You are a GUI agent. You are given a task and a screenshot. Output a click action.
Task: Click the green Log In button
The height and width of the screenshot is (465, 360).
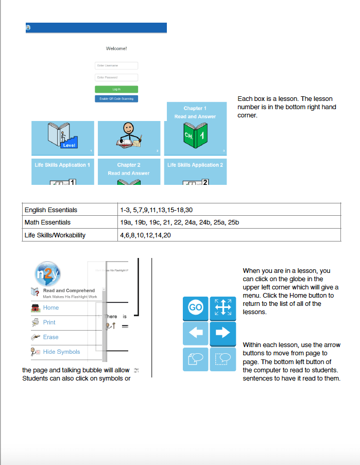[116, 89]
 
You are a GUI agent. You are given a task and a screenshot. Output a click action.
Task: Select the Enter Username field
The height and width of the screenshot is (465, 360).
[116, 65]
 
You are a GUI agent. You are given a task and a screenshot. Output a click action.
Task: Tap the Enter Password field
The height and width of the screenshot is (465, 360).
[116, 77]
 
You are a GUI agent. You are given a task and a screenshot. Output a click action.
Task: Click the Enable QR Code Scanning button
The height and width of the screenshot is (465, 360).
[116, 98]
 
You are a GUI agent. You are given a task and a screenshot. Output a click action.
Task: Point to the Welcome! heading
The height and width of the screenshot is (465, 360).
[116, 48]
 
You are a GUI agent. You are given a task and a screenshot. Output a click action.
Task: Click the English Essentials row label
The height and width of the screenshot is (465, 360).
[51, 210]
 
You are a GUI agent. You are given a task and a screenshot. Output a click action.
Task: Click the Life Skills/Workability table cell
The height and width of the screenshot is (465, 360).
[55, 235]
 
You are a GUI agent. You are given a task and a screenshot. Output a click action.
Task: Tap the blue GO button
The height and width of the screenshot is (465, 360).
[196, 307]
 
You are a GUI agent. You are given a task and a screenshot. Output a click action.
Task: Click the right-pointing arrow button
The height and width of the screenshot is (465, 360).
[222, 333]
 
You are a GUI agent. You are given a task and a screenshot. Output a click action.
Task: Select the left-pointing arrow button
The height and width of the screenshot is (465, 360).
[196, 333]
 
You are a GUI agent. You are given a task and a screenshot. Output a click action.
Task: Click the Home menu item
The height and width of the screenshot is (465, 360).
[50, 307]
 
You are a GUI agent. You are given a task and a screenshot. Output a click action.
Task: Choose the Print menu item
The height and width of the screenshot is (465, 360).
[49, 322]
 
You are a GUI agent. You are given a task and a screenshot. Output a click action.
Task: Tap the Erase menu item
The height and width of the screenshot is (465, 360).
[50, 337]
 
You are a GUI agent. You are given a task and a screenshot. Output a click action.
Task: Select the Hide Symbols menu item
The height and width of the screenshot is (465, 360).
[61, 352]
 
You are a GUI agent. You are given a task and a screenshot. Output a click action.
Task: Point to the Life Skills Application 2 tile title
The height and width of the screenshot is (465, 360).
[195, 165]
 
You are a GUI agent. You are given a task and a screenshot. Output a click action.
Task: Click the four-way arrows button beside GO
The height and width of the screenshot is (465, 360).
[222, 307]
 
